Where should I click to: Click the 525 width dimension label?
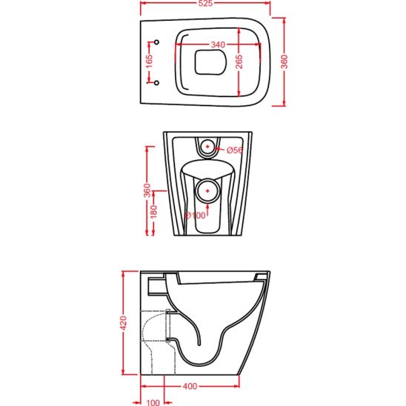tap(205, 3)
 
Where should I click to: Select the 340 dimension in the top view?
tap(218, 44)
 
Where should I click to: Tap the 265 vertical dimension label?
tap(239, 61)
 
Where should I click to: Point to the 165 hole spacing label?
tap(150, 61)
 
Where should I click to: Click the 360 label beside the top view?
tap(284, 61)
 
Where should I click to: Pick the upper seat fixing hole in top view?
tap(156, 42)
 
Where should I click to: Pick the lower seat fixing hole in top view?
tap(156, 83)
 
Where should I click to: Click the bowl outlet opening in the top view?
tap(210, 62)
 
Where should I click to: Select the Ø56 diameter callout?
tap(235, 150)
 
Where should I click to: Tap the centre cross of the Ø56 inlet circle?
tap(207, 147)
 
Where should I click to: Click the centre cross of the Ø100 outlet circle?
tap(207, 191)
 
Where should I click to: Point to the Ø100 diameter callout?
tap(195, 215)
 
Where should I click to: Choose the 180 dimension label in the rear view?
tap(153, 212)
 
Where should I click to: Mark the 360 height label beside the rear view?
tap(147, 190)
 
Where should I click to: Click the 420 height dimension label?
tap(124, 323)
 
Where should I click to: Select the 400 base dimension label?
tap(190, 386)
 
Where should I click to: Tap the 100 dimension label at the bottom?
tap(153, 402)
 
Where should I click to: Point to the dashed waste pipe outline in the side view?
tap(158, 342)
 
